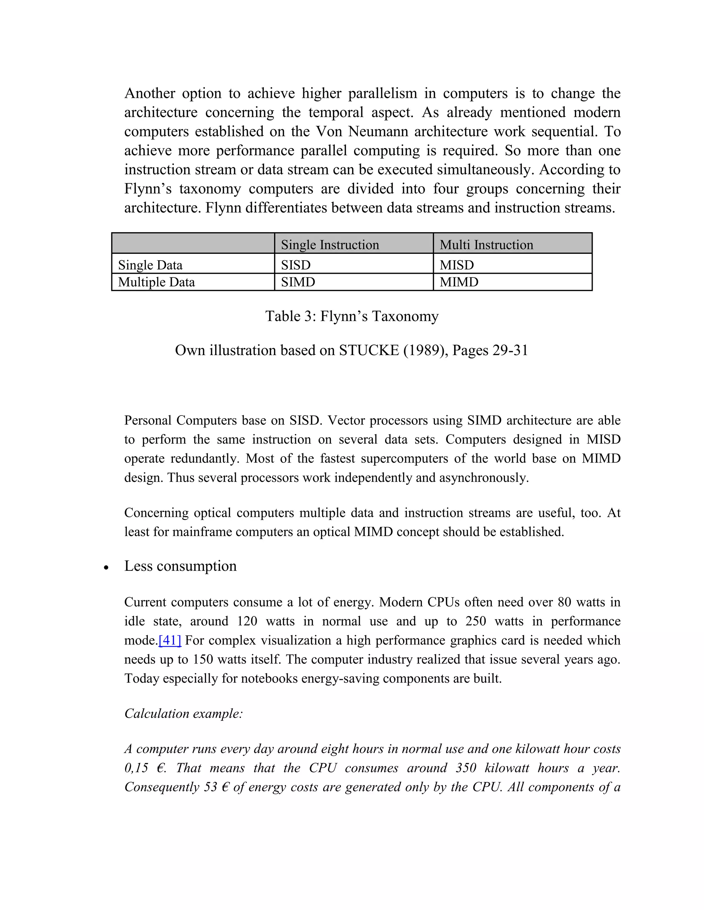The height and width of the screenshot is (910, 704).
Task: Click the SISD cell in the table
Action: [296, 265]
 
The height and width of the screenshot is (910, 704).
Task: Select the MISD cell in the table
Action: [457, 265]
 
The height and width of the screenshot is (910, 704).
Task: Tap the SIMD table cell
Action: [298, 282]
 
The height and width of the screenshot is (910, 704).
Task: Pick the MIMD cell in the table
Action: [459, 282]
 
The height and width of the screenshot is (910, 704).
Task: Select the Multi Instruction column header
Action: [486, 244]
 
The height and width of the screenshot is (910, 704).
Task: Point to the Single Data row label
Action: [150, 265]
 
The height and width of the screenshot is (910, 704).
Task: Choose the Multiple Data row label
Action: [156, 282]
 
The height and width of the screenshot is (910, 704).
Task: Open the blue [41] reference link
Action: [170, 640]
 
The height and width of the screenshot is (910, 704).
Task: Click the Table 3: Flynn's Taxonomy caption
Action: [352, 316]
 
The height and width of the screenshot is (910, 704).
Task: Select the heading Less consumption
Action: [180, 566]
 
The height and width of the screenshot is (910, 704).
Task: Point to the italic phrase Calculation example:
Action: [184, 713]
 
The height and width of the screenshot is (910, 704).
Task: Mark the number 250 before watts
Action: [475, 621]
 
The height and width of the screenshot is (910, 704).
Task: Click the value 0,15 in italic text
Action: [136, 767]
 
